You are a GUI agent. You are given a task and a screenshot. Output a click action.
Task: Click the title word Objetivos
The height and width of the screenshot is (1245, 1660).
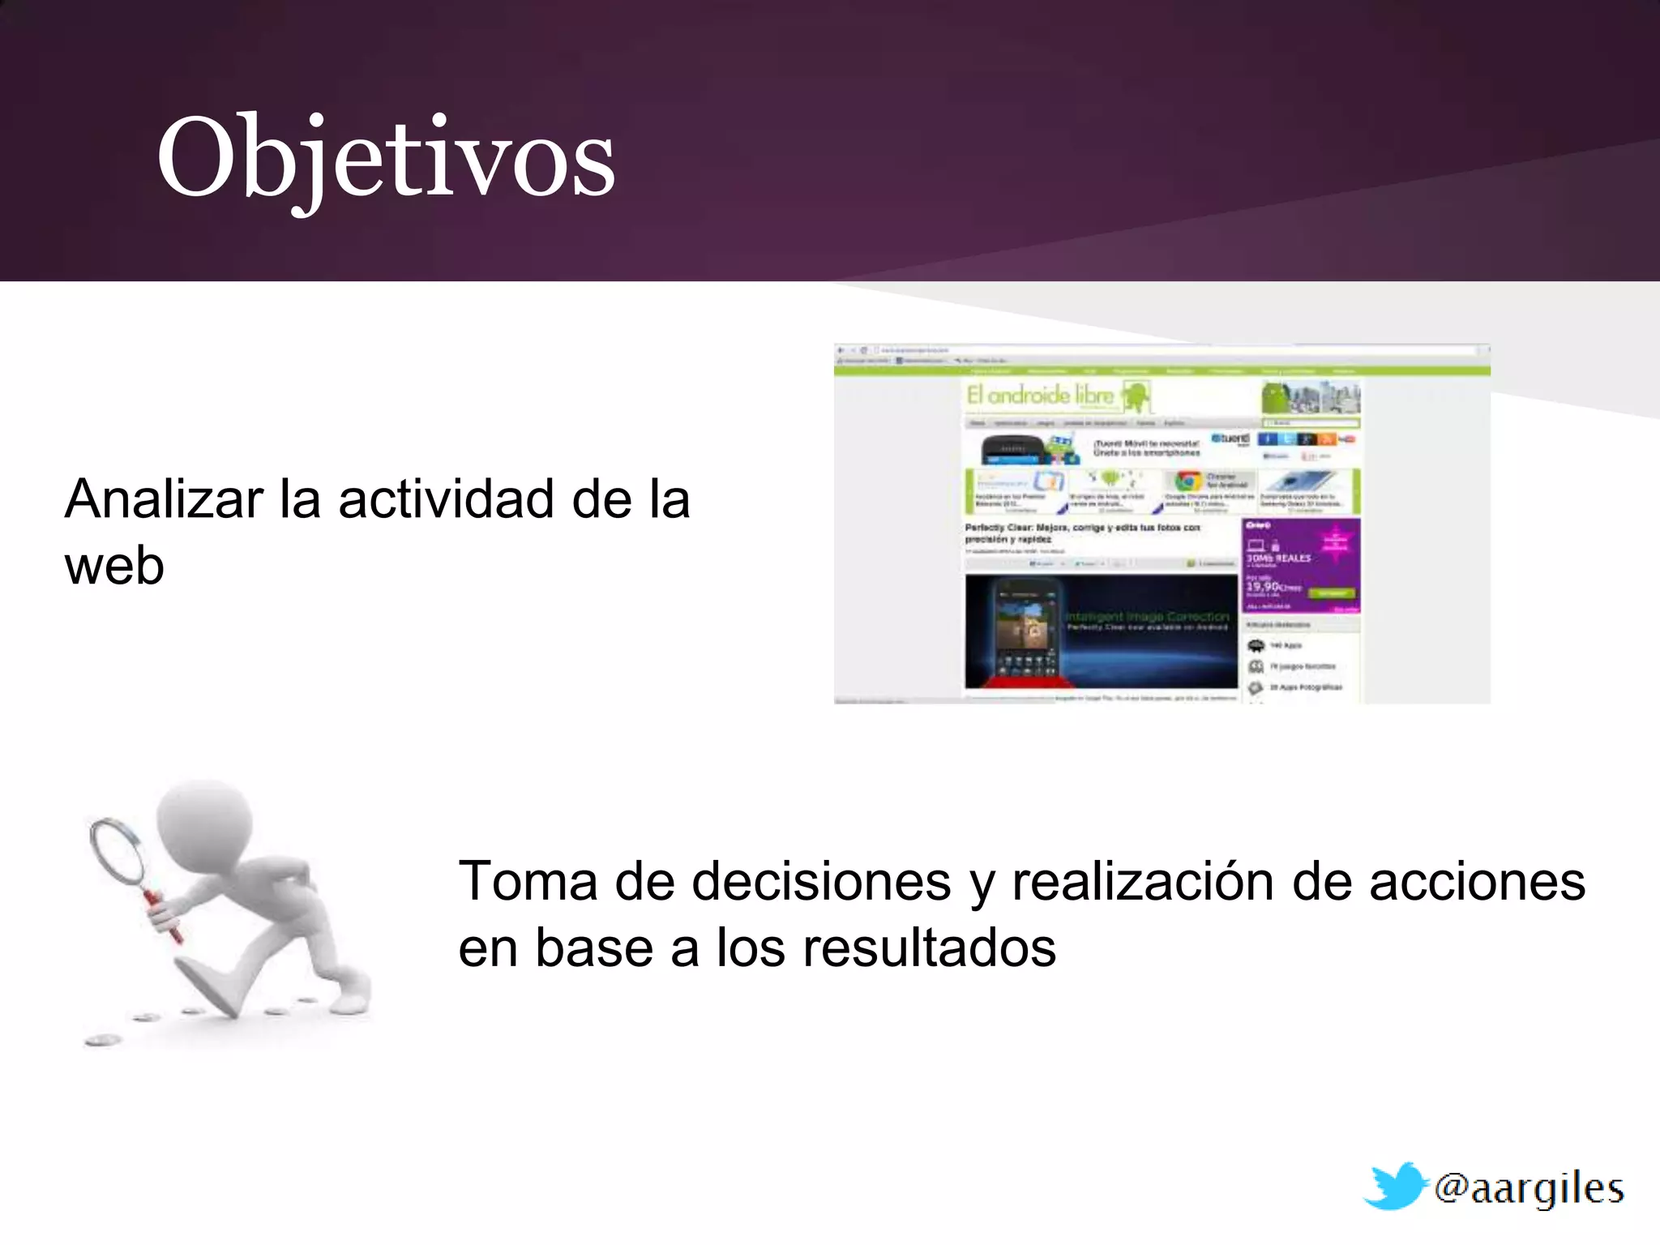coord(386,158)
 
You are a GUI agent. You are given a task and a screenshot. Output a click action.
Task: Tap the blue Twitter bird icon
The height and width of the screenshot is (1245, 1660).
coord(1396,1185)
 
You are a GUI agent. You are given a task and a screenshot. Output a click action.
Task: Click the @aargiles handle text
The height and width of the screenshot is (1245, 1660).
coord(1529,1188)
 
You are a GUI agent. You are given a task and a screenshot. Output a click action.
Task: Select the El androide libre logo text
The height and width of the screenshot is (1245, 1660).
coord(1041,396)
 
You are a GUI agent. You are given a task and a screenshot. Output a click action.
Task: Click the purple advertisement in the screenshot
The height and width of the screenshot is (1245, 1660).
coord(1300,565)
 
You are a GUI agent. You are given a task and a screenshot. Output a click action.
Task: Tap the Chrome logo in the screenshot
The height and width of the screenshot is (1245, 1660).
coord(1188,481)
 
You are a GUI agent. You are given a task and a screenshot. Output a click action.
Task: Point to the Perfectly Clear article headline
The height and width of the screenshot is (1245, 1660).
coord(1081,533)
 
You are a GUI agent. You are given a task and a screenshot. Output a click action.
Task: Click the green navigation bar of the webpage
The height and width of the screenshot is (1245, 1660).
coord(1161,371)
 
